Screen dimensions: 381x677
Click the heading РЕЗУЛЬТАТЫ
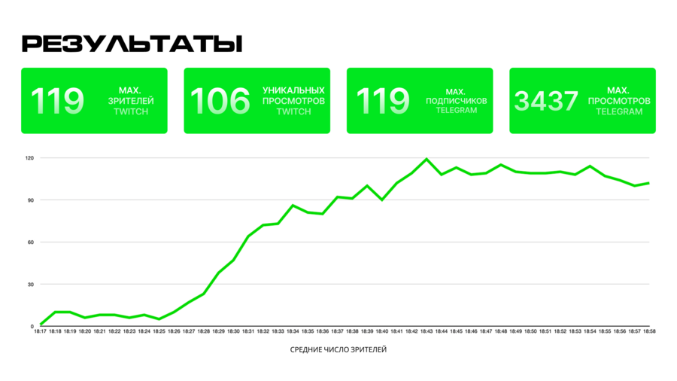pos(132,44)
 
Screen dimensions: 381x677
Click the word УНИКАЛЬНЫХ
pos(293,90)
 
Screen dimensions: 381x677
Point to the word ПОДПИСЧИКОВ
pos(457,100)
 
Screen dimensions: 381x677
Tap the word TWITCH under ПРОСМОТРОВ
pos(293,111)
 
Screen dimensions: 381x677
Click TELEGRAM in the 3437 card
pos(619,111)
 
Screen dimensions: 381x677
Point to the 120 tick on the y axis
pos(29,158)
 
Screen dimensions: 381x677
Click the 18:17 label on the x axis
pos(40,331)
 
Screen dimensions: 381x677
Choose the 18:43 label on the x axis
pos(427,331)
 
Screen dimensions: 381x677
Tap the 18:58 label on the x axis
pos(649,331)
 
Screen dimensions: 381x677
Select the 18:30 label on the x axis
pos(233,331)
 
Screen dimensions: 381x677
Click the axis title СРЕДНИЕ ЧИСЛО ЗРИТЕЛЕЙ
pos(338,349)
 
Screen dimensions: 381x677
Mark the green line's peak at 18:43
pos(427,160)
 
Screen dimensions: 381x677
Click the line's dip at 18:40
pos(382,200)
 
